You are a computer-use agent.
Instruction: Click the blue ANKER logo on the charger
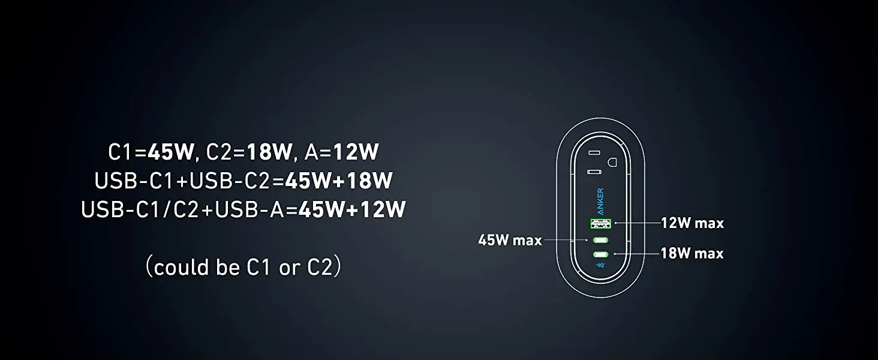[600, 202]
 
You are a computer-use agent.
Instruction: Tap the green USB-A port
[600, 224]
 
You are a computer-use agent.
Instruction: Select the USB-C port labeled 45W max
[600, 240]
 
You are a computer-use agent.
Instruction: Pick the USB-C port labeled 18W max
[600, 254]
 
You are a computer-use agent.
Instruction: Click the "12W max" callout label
[692, 223]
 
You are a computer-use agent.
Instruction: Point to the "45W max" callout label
[510, 240]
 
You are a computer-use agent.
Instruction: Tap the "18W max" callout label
[692, 253]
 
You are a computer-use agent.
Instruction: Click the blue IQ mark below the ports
[600, 265]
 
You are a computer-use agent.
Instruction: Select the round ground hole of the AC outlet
[612, 162]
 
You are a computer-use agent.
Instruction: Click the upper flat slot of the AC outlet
[594, 152]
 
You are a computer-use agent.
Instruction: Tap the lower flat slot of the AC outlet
[594, 172]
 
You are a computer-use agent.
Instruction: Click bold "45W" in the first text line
[171, 152]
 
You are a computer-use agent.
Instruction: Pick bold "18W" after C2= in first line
[269, 152]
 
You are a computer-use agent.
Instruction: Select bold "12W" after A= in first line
[356, 152]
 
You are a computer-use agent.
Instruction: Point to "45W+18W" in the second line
[339, 181]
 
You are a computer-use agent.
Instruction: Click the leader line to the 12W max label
[638, 223]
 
